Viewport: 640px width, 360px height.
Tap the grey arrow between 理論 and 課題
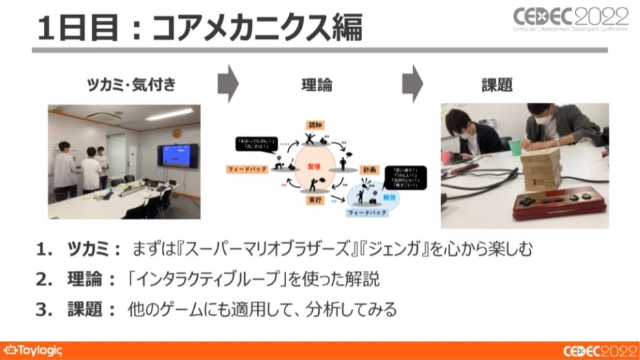click(412, 84)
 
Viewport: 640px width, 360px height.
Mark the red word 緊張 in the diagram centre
click(314, 165)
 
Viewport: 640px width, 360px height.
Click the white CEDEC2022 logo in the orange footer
click(596, 350)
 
